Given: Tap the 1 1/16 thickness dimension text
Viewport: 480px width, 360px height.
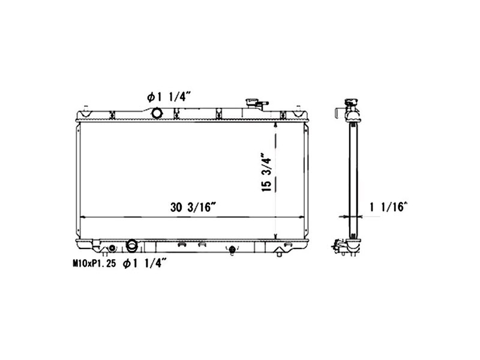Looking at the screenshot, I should pyautogui.click(x=389, y=208).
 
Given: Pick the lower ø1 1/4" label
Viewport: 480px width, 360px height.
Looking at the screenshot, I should pyautogui.click(x=146, y=262).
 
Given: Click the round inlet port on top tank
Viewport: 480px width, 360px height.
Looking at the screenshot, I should pyautogui.click(x=157, y=112).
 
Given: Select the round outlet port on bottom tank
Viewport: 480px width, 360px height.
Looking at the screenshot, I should pyautogui.click(x=133, y=245).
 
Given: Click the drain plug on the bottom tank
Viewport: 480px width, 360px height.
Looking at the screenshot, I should pyautogui.click(x=232, y=250).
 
